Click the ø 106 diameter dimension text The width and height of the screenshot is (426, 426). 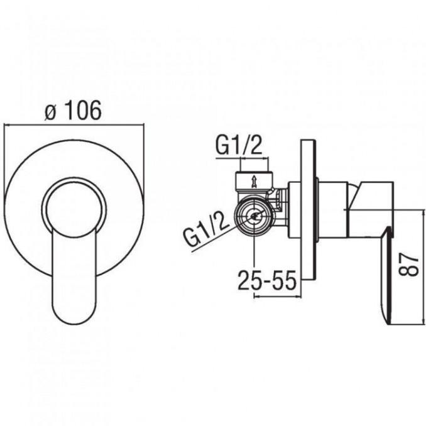73,110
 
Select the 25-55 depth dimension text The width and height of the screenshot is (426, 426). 267,280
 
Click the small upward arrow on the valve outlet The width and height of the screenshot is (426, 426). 254,182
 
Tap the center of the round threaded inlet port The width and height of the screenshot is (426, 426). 254,216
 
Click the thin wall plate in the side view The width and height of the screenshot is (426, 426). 309,210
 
